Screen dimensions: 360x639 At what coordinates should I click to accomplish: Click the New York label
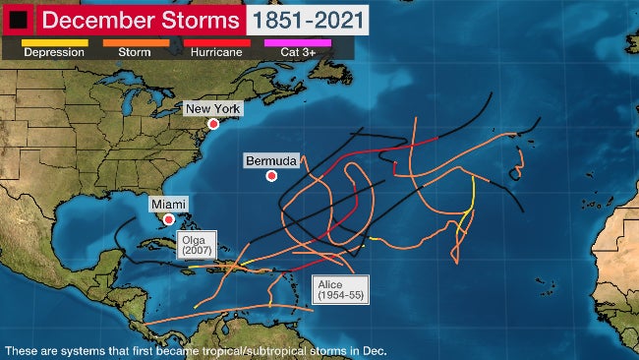click(x=212, y=108)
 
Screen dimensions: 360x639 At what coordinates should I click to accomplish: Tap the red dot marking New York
click(x=212, y=124)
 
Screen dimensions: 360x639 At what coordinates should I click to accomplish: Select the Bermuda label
click(x=271, y=159)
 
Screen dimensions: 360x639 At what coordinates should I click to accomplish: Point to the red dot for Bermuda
click(x=271, y=176)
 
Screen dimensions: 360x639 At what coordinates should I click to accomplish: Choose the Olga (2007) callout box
click(x=193, y=246)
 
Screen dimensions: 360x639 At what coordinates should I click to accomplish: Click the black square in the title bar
click(x=19, y=19)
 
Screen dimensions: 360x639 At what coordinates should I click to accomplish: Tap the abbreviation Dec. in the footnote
click(x=376, y=350)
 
